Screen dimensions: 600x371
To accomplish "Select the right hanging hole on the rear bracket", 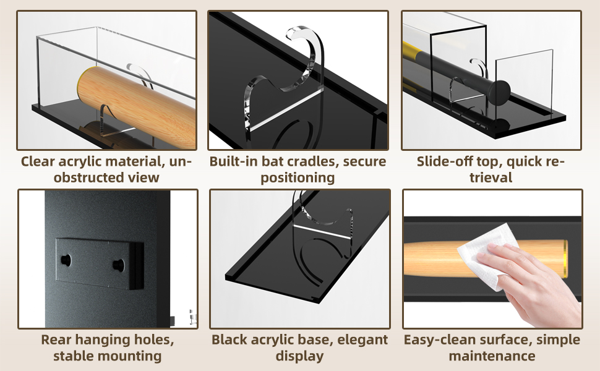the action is tap(117, 264).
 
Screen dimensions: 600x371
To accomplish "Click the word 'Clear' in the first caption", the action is tap(38, 162).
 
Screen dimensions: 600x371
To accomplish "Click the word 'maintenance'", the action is tap(492, 356).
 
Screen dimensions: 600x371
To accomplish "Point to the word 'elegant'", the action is tap(359, 340).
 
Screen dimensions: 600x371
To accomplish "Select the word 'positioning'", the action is tap(298, 178).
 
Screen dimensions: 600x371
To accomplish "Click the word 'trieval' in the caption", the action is tap(491, 178).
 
